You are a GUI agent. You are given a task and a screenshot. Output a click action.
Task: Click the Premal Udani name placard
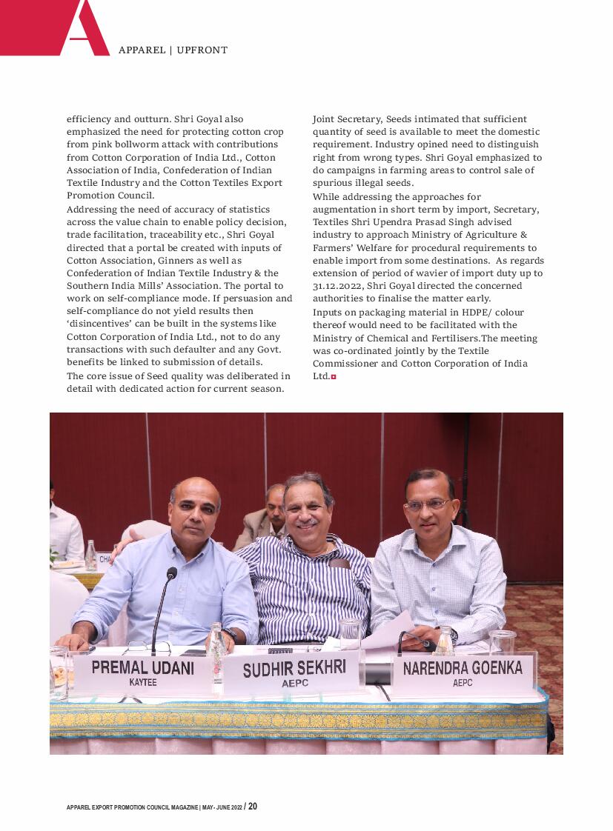142,672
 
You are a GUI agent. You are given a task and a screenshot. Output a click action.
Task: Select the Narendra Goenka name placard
463,673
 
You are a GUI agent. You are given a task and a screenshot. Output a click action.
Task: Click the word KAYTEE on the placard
143,682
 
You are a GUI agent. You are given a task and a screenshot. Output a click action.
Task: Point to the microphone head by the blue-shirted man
172,573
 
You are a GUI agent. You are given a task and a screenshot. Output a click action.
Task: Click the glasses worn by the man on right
428,504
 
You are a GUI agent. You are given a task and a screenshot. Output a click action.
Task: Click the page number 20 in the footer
253,806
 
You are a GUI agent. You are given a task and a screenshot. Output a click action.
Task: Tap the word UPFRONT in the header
202,50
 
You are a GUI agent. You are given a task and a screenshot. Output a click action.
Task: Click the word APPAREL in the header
142,50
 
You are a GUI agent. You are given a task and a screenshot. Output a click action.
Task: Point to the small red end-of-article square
334,377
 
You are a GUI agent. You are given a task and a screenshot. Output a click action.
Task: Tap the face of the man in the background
275,500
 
